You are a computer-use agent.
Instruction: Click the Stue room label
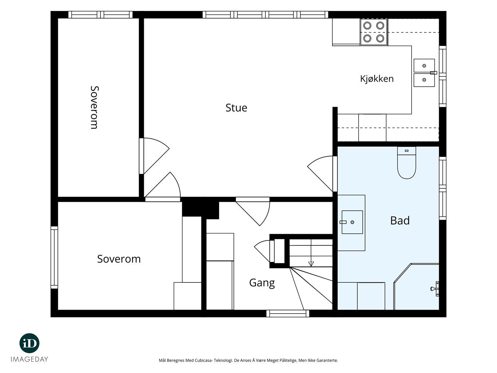tap(236, 108)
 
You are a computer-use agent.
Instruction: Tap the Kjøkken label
tap(377, 79)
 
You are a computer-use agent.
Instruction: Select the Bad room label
tap(400, 220)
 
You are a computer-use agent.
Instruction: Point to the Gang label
tap(262, 283)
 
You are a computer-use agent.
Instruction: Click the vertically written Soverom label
tap(94, 107)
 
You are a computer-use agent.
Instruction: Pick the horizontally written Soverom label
tap(119, 259)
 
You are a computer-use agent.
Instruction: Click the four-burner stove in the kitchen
tap(374, 32)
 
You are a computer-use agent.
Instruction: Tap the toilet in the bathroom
tap(406, 162)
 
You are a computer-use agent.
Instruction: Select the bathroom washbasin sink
tap(352, 222)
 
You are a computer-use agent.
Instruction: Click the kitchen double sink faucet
tap(433, 73)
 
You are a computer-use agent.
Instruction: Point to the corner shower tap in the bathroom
tap(435, 288)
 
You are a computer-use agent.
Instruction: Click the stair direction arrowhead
tap(311, 264)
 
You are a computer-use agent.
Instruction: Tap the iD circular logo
tap(29, 343)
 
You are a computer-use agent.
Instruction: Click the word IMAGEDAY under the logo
tap(29, 359)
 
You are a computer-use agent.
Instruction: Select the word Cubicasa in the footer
tap(204, 361)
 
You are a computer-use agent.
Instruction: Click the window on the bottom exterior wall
tap(288, 313)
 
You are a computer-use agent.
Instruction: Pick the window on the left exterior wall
tap(54, 258)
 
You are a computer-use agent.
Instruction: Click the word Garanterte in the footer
tap(328, 361)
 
